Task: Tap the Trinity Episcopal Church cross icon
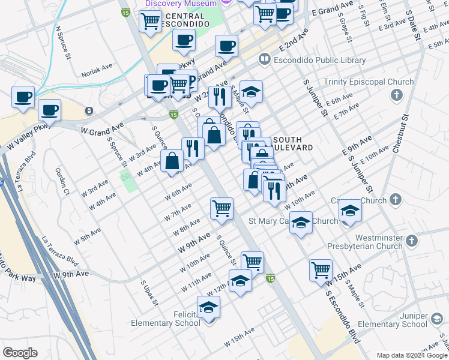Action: coord(396,95)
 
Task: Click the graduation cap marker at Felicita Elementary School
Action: coord(208,307)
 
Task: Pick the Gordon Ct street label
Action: coord(62,182)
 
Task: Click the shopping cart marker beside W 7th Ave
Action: coord(221,208)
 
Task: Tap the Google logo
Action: coord(20,353)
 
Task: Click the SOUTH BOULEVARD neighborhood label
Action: coord(292,143)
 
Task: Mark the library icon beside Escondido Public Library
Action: coord(264,60)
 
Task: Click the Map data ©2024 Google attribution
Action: coord(410,355)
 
